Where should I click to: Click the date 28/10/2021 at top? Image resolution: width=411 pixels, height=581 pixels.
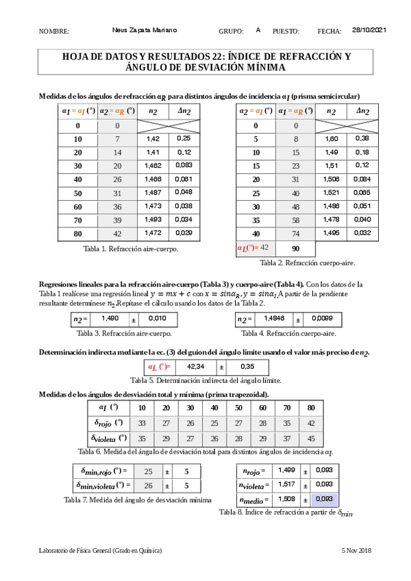(370, 30)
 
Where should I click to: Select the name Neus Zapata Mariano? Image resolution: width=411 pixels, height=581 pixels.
(144, 30)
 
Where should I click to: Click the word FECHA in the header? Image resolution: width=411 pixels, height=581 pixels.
(329, 32)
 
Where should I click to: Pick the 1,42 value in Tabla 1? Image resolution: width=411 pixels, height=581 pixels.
(153, 139)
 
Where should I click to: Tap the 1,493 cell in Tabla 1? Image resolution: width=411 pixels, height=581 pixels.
(153, 220)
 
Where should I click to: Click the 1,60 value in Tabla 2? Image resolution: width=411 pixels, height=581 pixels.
(331, 139)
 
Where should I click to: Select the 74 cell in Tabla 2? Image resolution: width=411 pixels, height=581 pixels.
(297, 234)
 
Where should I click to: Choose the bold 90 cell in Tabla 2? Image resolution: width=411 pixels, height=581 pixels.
(297, 247)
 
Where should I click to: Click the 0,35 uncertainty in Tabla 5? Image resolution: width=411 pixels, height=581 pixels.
(248, 367)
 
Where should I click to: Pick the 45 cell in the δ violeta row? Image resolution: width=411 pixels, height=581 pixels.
(311, 438)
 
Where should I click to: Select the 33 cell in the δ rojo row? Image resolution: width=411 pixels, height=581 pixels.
(142, 423)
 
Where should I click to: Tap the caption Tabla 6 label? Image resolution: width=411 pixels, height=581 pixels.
(92, 452)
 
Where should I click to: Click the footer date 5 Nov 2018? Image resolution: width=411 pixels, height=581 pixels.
(356, 551)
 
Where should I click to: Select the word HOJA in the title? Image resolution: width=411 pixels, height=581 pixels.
(77, 57)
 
